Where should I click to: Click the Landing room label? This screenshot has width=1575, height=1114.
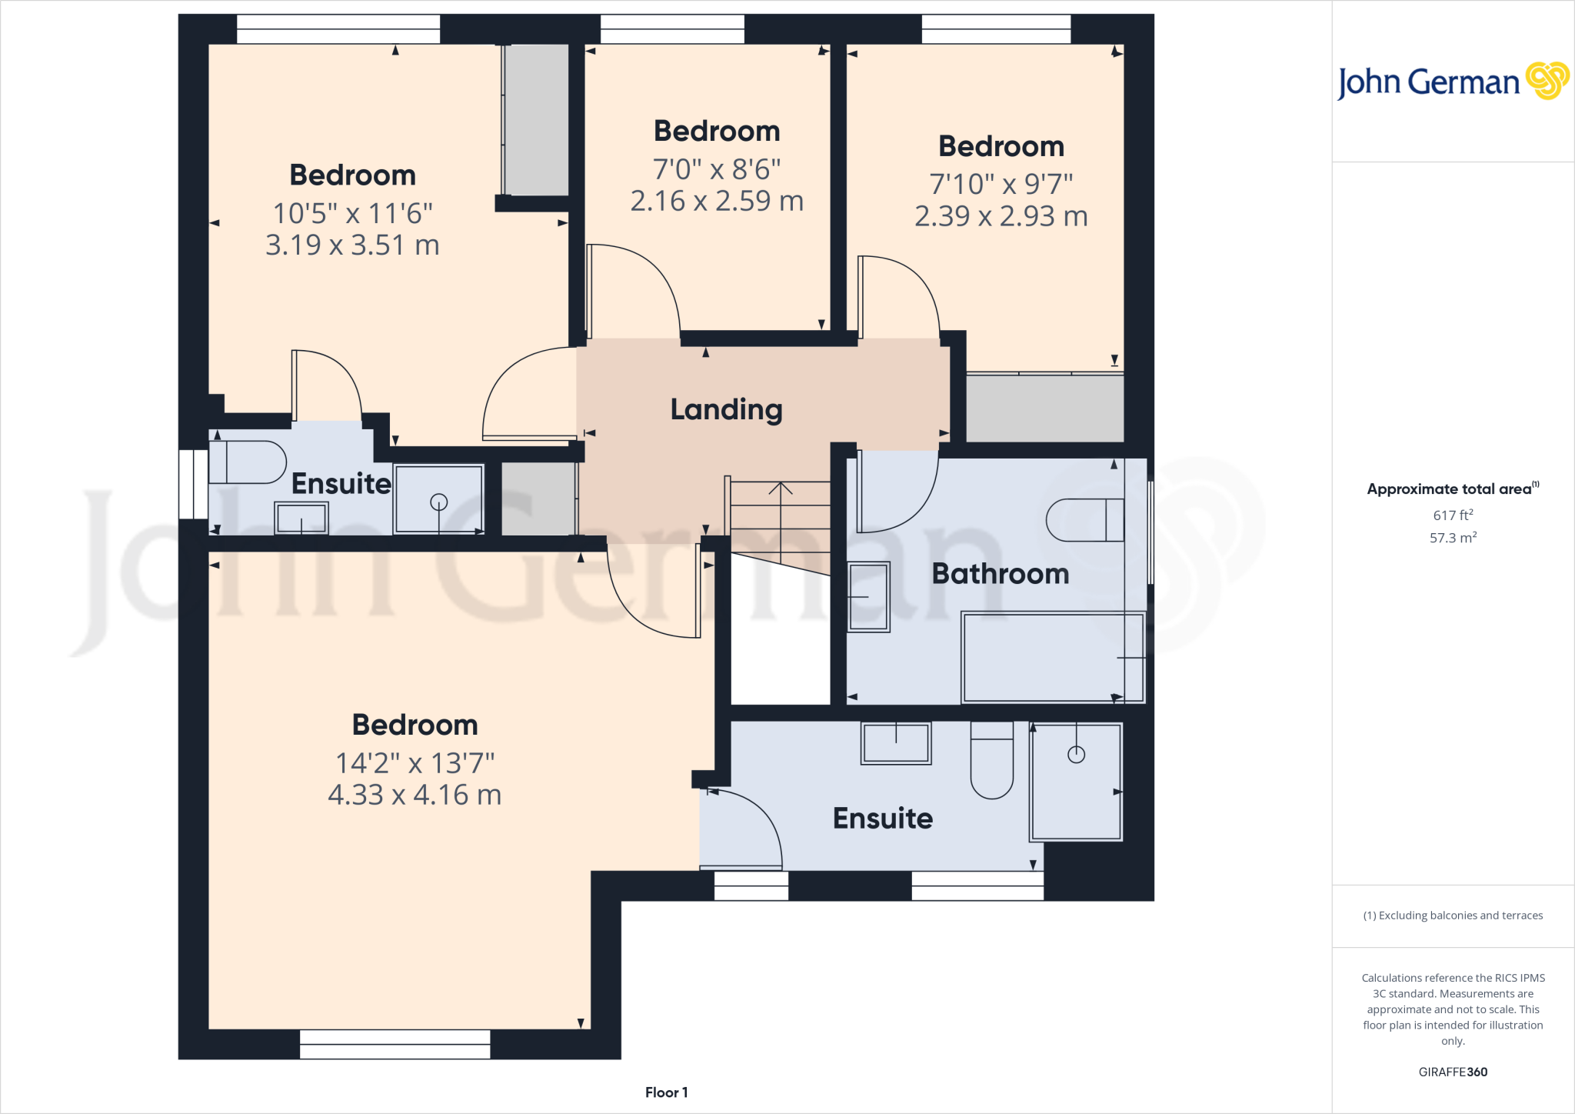click(x=726, y=410)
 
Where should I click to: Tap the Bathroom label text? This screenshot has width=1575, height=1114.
click(x=1000, y=574)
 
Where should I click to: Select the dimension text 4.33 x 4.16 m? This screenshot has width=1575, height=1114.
click(x=415, y=795)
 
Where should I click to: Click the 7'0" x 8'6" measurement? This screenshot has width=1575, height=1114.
click(x=716, y=168)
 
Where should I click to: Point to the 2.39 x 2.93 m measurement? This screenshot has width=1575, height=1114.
click(x=1001, y=216)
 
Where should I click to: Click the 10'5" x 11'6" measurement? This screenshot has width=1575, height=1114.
click(x=352, y=213)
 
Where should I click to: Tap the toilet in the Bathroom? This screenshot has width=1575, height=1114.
click(x=1084, y=520)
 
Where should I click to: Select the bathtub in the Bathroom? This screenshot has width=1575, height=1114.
click(x=1053, y=657)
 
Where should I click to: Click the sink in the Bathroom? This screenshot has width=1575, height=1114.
click(x=868, y=597)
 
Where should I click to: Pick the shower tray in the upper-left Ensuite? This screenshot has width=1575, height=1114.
click(x=438, y=499)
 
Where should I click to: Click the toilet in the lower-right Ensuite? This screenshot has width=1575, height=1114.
click(x=991, y=760)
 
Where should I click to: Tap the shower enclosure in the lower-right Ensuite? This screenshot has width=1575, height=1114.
click(x=1076, y=782)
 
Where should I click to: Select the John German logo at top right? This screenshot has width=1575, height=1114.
click(x=1452, y=82)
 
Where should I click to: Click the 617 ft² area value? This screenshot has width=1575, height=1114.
click(x=1452, y=515)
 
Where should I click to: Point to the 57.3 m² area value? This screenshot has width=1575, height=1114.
click(x=1452, y=538)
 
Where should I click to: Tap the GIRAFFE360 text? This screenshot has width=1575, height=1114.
click(x=1452, y=1072)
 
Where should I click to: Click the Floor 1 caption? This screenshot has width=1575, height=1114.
click(x=666, y=1092)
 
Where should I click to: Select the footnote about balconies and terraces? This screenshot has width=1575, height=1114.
click(x=1452, y=916)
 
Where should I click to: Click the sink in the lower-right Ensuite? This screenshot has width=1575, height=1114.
click(x=895, y=743)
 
